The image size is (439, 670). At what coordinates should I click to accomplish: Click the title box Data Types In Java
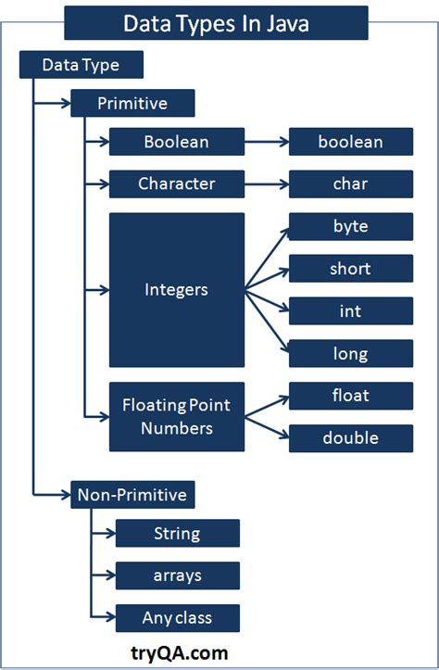[215, 22]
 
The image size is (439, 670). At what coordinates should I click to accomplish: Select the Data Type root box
[82, 65]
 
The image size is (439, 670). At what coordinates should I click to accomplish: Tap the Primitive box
[132, 103]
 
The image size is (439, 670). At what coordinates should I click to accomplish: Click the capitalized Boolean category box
[176, 142]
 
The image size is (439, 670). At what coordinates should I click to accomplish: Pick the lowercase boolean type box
[350, 142]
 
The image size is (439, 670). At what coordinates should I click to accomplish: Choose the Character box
[176, 183]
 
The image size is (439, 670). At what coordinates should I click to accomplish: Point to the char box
[350, 183]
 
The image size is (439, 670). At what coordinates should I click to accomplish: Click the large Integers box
[176, 290]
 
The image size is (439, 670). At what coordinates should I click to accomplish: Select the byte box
[350, 226]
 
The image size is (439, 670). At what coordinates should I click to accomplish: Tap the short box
[350, 269]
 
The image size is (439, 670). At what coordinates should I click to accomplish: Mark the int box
[350, 311]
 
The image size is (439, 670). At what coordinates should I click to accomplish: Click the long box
[350, 353]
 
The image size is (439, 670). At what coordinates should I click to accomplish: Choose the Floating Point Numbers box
[176, 417]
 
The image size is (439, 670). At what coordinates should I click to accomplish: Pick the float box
[350, 396]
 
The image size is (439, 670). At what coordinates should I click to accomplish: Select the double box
[350, 438]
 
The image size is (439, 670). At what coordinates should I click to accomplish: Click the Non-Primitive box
[132, 495]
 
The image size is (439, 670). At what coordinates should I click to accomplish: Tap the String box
[177, 533]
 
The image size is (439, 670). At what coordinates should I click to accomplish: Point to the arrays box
[177, 575]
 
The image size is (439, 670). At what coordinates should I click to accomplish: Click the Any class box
[177, 617]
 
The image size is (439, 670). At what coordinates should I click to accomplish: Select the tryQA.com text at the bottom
[180, 652]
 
